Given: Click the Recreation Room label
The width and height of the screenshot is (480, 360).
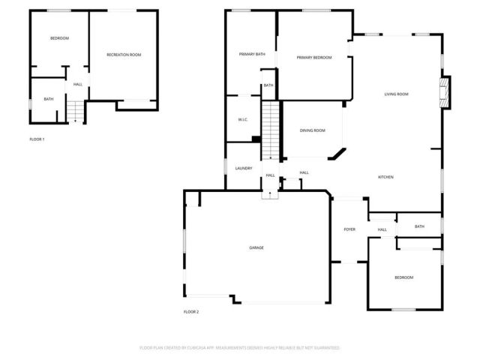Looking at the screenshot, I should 124,55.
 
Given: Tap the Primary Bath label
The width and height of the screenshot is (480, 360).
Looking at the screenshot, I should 252,54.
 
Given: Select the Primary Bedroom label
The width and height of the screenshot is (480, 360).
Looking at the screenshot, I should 313,58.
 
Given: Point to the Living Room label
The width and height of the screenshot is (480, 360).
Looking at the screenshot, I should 396,94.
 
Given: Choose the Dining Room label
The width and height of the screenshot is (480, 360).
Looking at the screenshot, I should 312,130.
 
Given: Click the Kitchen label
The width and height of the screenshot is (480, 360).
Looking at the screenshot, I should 385,177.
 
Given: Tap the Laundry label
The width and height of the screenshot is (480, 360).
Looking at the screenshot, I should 243,168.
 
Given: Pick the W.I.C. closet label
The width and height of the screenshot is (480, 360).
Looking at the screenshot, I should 242,119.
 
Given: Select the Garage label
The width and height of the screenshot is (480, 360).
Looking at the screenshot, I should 256,247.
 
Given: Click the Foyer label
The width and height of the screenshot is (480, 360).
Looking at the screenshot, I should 349,229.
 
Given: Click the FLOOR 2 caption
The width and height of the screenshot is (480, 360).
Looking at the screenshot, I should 191,311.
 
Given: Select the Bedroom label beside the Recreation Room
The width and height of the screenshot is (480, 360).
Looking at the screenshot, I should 59,38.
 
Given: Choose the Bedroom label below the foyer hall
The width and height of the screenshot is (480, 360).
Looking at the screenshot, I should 403,277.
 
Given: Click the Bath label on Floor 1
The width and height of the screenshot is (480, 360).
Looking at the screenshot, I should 48,99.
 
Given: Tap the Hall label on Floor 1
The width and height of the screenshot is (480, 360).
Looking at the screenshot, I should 77,84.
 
